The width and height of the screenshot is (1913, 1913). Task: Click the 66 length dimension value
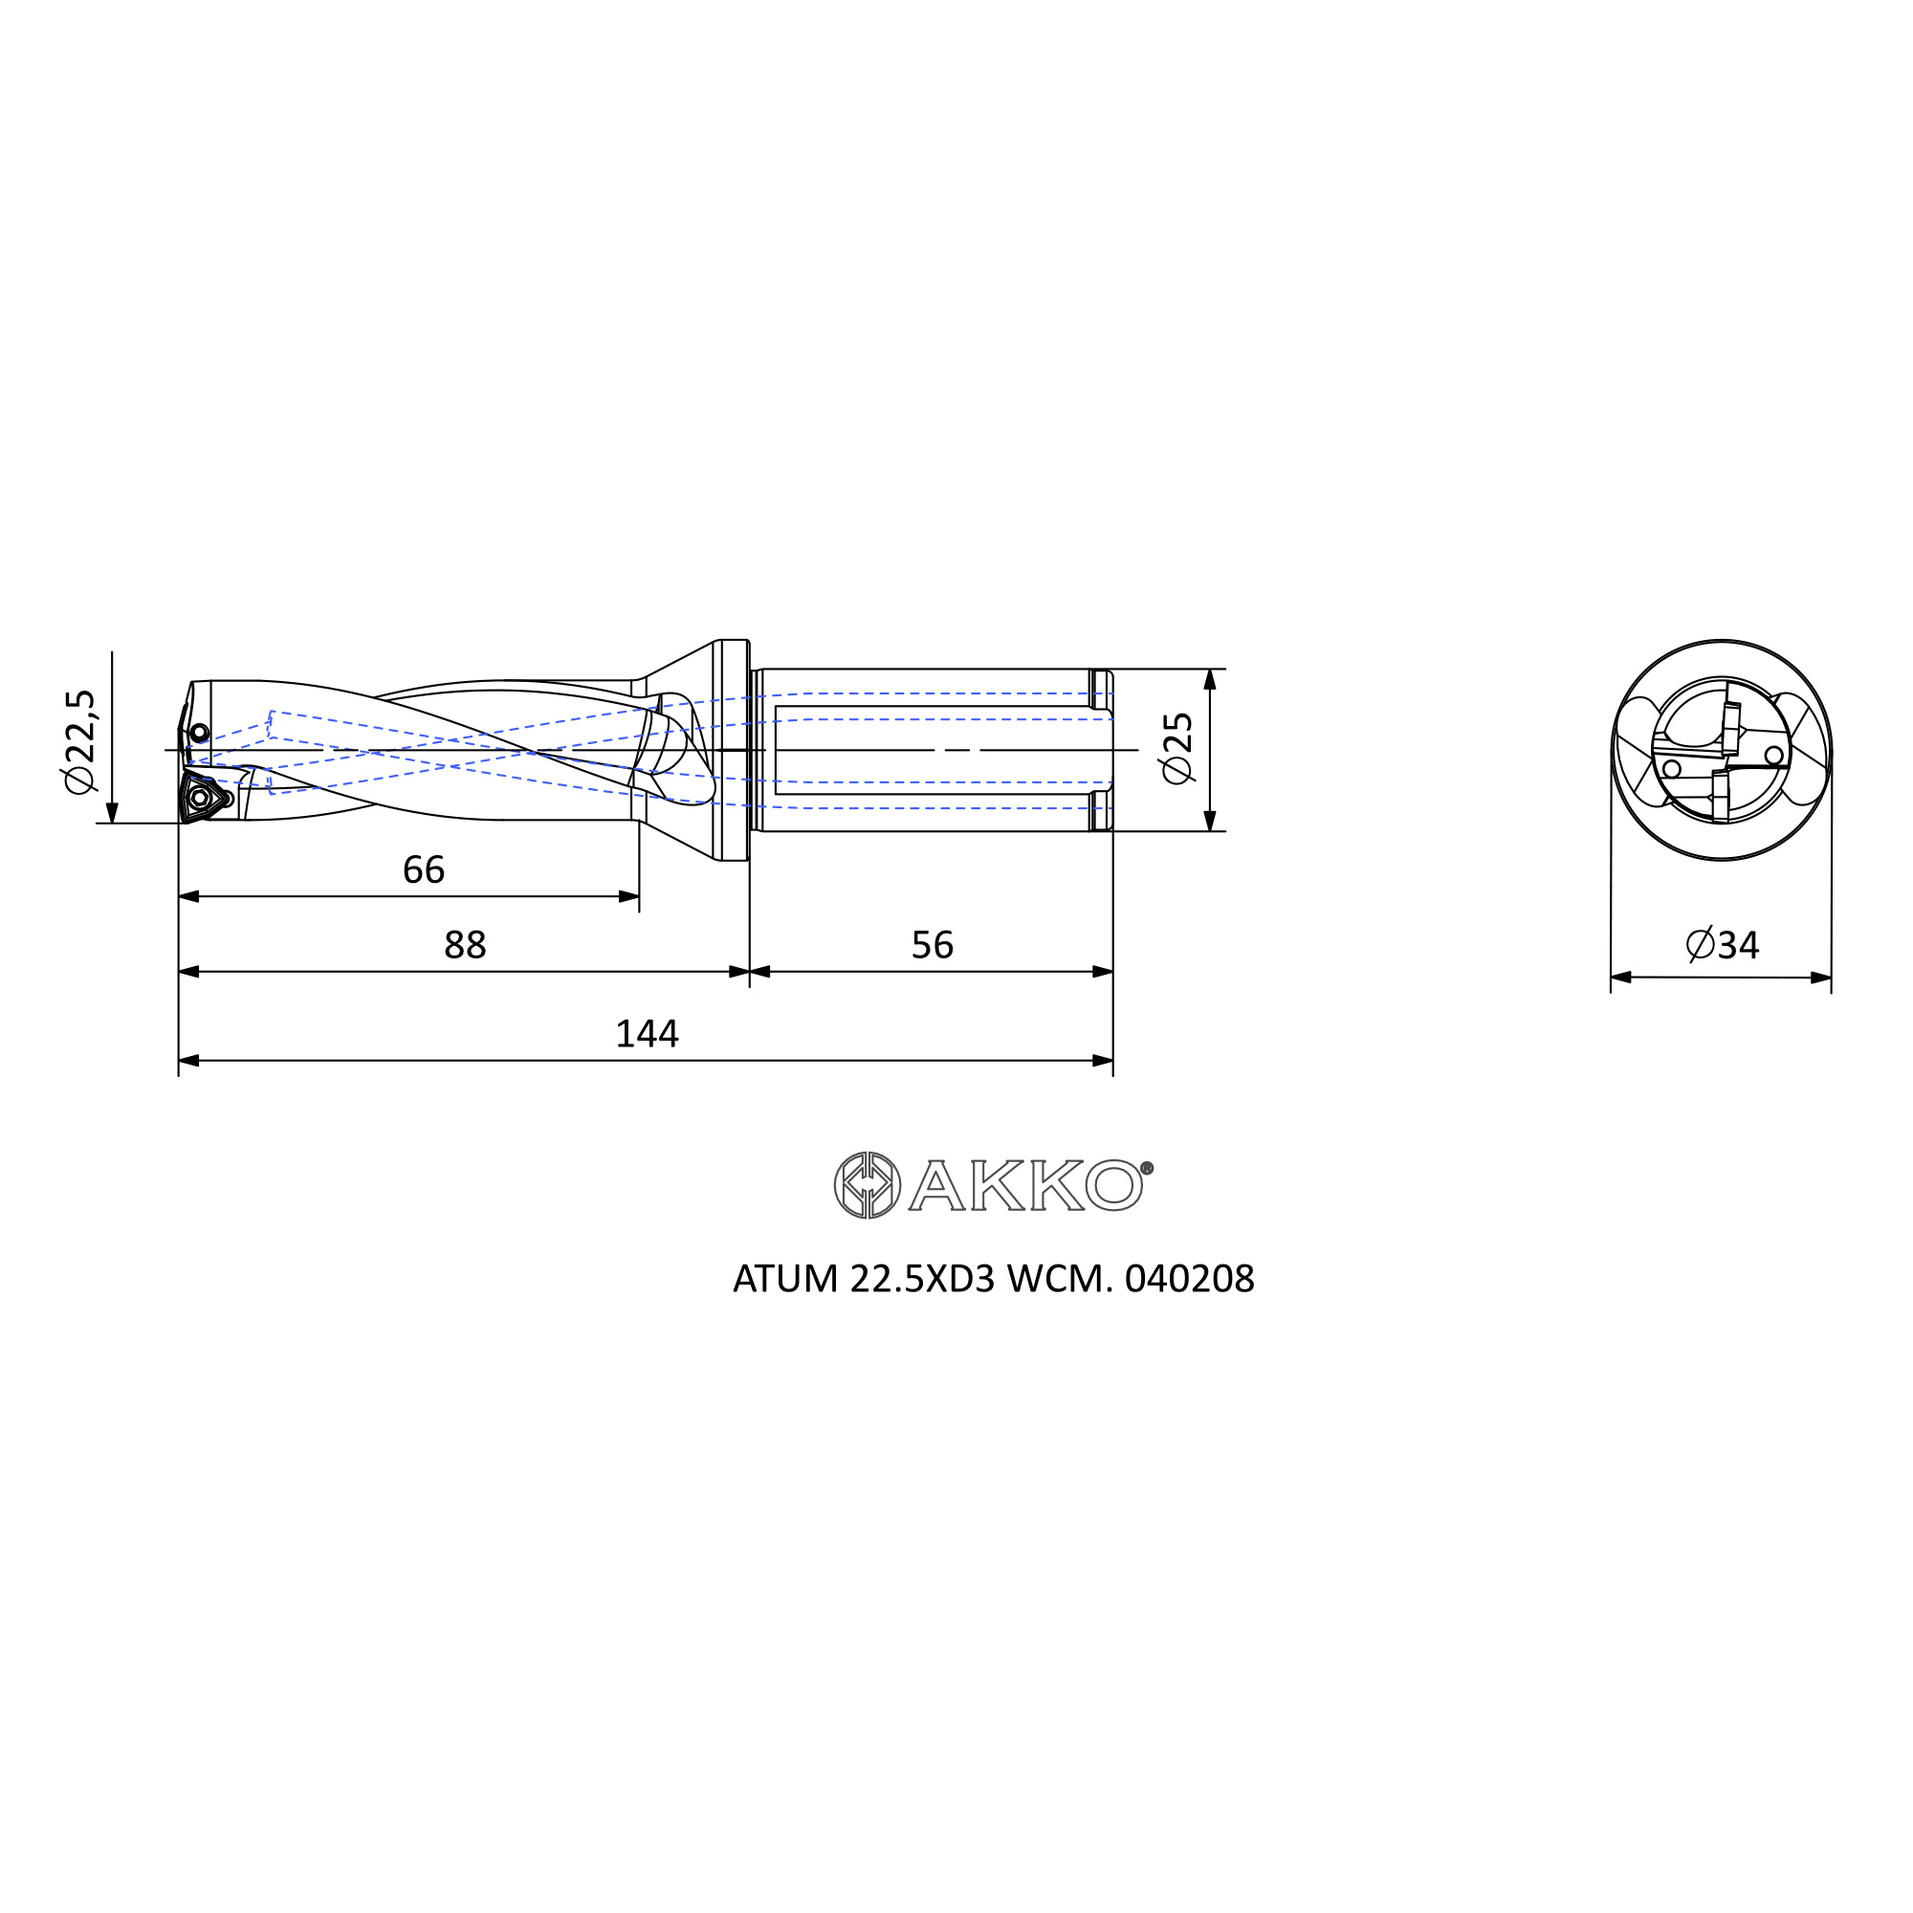click(424, 870)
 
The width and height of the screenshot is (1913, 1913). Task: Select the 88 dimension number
click(466, 946)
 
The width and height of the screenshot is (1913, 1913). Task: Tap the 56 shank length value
click(932, 946)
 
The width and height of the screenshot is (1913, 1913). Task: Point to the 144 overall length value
click(647, 1035)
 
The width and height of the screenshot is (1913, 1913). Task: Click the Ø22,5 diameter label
click(80, 741)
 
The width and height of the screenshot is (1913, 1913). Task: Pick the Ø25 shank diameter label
click(1178, 750)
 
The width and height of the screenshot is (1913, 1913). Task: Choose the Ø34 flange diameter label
click(1722, 946)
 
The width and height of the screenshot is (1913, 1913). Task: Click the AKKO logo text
click(1025, 1185)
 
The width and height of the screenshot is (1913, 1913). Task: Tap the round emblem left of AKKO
click(868, 1185)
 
